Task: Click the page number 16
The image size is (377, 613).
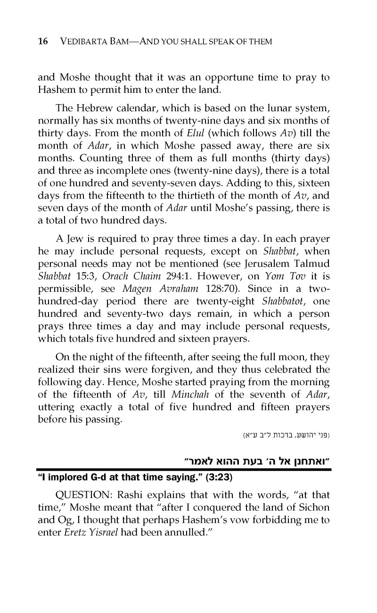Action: pyautogui.click(x=43, y=41)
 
